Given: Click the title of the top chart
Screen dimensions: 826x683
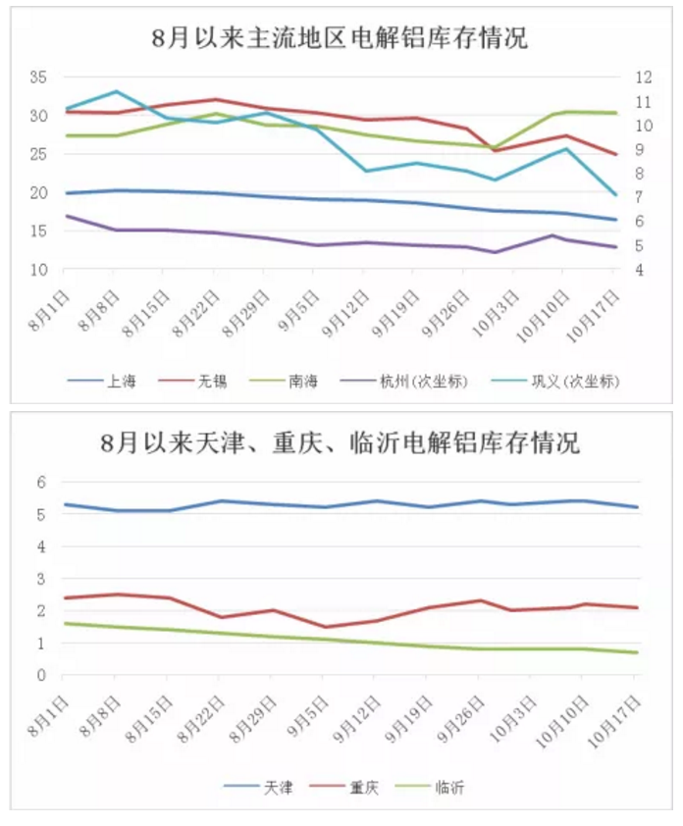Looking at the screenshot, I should pos(340,38).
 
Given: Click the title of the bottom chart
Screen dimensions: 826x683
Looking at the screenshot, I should pos(340,443).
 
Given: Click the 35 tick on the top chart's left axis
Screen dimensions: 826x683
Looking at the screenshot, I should pos(38,77).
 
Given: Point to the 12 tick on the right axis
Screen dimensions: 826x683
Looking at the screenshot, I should pos(644,77).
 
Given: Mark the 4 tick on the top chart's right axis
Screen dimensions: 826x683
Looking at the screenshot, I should pos(640,270).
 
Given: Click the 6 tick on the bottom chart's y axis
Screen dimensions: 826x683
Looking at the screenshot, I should pos(42,482).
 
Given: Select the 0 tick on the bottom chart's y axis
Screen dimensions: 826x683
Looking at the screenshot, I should pos(42,675).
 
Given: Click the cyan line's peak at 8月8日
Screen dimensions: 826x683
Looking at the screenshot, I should pos(116,92).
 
